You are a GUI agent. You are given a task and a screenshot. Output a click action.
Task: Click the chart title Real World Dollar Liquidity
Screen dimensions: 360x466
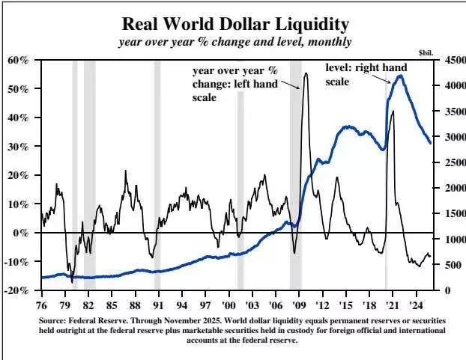[x=232, y=22]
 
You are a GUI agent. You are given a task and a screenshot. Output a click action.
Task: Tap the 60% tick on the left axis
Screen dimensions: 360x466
[x=18, y=60]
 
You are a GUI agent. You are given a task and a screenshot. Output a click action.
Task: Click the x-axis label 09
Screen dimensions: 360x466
[x=298, y=305]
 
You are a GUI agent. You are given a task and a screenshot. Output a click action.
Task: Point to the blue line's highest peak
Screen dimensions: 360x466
[x=402, y=76]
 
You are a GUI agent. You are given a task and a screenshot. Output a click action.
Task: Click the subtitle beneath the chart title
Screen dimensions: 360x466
[x=232, y=41]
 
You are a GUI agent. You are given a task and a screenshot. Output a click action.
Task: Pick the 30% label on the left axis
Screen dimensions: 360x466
[x=18, y=147]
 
